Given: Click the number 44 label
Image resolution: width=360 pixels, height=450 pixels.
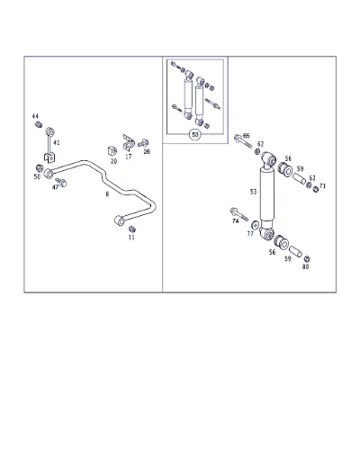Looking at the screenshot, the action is [x=35, y=116].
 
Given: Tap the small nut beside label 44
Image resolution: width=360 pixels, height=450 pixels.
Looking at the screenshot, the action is [x=39, y=124].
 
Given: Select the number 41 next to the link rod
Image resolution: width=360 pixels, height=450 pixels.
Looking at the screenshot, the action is [x=57, y=142].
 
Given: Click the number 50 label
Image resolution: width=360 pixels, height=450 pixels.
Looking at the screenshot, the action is [x=37, y=176].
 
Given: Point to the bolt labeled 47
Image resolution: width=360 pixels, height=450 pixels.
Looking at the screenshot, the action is [x=61, y=182].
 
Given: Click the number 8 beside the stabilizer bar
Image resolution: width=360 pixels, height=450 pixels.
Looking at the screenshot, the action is [x=107, y=194].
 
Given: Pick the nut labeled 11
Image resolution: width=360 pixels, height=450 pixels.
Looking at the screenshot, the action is [x=132, y=229].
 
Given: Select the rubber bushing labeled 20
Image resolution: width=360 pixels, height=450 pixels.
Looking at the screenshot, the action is [x=112, y=150].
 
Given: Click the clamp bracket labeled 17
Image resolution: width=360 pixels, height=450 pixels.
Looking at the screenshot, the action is [x=129, y=142].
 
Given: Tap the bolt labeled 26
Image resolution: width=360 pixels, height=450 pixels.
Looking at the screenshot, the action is [x=143, y=143].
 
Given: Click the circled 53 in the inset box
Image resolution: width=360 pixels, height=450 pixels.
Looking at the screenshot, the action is [x=195, y=135].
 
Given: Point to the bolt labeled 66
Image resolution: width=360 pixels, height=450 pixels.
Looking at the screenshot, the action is [x=243, y=141].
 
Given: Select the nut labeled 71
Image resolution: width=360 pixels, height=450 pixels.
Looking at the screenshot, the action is [x=316, y=189].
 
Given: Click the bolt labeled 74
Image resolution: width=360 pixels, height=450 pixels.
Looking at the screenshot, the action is [x=239, y=213].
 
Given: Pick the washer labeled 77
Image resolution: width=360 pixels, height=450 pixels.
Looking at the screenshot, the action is [x=256, y=224].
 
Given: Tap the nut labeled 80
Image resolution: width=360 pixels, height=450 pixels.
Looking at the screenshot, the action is [x=307, y=258].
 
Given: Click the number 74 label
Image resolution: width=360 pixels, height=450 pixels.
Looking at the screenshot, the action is [x=236, y=221].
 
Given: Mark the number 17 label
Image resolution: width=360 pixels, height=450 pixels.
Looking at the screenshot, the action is [x=129, y=157].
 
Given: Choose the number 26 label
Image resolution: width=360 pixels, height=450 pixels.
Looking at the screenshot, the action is [x=147, y=151].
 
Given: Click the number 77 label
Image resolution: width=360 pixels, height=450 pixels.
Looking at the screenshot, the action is [x=250, y=233].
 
